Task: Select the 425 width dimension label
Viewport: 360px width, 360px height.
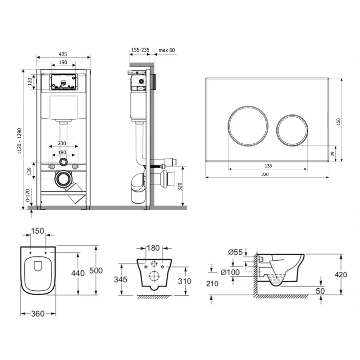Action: click(63, 54)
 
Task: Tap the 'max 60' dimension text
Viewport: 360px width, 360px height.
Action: click(167, 50)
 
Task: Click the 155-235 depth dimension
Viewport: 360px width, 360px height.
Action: click(140, 50)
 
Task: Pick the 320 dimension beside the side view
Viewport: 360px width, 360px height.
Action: click(180, 186)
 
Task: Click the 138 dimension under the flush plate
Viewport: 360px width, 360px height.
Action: click(268, 166)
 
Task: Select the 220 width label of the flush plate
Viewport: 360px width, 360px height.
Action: click(265, 174)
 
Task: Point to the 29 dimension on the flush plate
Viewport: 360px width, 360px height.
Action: click(333, 154)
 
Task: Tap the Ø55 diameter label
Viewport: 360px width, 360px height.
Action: click(235, 252)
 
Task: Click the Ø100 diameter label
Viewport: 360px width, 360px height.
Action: click(230, 272)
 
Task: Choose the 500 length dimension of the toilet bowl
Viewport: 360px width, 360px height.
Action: click(96, 270)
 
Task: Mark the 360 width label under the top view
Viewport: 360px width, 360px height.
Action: click(38, 314)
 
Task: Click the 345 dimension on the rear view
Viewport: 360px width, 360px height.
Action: click(120, 280)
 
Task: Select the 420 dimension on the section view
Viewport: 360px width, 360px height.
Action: click(341, 274)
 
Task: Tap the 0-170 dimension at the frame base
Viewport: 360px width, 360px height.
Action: click(28, 195)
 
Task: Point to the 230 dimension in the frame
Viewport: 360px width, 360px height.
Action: click(62, 144)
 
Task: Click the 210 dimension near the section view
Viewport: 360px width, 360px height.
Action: click(212, 284)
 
